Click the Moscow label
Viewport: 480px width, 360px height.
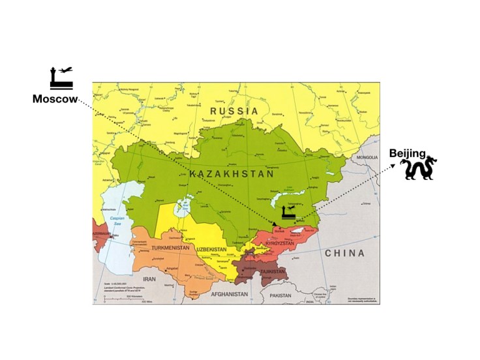click(55, 99)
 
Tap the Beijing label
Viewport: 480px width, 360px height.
click(407, 153)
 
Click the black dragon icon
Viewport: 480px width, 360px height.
click(418, 169)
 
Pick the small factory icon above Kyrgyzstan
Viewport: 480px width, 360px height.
click(288, 212)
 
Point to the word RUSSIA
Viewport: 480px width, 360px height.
click(234, 111)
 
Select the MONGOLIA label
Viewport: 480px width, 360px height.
click(367, 157)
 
